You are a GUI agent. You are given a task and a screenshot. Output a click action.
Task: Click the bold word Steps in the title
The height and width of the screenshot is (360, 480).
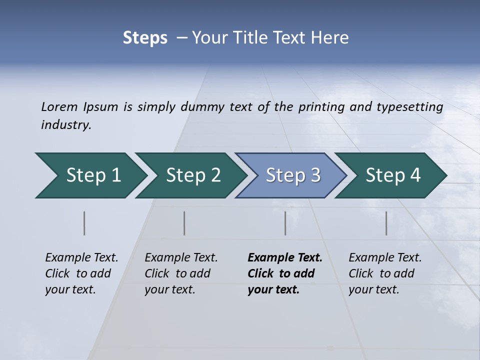tap(145, 38)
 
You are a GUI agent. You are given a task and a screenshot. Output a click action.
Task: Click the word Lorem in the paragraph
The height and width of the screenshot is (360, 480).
tap(59, 106)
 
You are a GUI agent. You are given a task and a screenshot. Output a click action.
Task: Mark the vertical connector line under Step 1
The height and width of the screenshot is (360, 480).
tap(84, 223)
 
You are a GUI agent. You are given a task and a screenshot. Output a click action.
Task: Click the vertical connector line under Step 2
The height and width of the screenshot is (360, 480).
tap(184, 223)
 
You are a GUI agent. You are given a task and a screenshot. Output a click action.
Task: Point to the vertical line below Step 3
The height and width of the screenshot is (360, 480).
tap(285, 223)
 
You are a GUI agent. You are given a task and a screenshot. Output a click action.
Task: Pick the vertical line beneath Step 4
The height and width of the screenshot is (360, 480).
tap(386, 223)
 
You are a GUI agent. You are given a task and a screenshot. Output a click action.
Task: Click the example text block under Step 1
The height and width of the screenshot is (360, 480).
tap(81, 273)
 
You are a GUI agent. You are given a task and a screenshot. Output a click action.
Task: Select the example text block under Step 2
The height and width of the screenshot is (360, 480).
tap(181, 273)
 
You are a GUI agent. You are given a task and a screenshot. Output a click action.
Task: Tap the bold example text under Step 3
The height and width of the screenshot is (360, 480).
tap(284, 273)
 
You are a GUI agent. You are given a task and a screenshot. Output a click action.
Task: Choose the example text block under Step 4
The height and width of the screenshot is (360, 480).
tap(385, 273)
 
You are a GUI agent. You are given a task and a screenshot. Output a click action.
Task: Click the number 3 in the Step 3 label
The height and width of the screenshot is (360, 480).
tap(315, 175)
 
